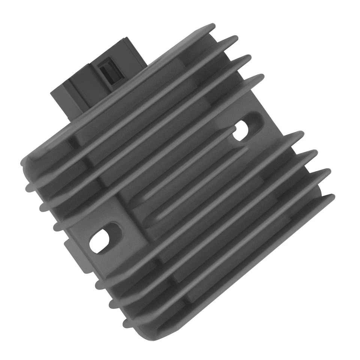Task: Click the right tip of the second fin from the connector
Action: [234, 39]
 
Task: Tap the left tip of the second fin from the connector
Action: [29, 187]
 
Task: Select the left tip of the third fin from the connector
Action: [43, 207]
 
